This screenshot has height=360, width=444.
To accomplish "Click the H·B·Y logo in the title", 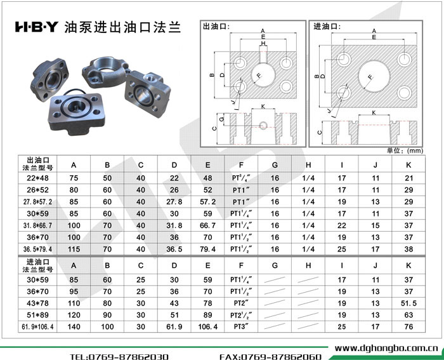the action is pyautogui.click(x=37, y=27).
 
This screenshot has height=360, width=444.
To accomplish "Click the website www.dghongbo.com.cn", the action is pyautogui.click(x=386, y=348).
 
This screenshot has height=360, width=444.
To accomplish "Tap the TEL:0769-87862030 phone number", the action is pyautogui.click(x=119, y=356).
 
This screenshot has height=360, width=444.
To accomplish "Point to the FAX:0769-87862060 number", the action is pyautogui.click(x=270, y=356).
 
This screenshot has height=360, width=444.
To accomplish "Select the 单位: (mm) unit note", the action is pyautogui.click(x=405, y=150).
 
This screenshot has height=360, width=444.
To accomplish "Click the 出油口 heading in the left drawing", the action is pyautogui.click(x=216, y=27).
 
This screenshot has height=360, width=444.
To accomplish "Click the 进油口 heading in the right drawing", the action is pyautogui.click(x=327, y=27).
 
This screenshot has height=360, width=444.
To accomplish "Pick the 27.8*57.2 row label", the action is pyautogui.click(x=37, y=202).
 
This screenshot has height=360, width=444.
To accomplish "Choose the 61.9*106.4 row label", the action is pyautogui.click(x=37, y=327).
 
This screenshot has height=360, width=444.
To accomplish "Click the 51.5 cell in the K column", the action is pyautogui.click(x=408, y=303).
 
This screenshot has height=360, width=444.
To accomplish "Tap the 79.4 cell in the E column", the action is pyautogui.click(x=207, y=249).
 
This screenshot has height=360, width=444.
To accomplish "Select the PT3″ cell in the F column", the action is pyautogui.click(x=241, y=326).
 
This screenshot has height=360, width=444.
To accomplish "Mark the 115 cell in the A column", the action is pyautogui.click(x=74, y=249).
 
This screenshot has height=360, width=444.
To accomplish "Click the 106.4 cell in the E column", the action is pyautogui.click(x=207, y=327).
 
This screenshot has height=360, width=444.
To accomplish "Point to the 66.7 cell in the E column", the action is pyautogui.click(x=207, y=225).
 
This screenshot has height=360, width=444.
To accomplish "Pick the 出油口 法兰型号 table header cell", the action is pyautogui.click(x=37, y=164).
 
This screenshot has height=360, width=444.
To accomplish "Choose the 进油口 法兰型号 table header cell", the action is pyautogui.click(x=37, y=265).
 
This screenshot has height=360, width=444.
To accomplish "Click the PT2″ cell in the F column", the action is pyautogui.click(x=241, y=303).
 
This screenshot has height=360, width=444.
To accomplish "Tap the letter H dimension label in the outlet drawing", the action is pyautogui.click(x=263, y=43).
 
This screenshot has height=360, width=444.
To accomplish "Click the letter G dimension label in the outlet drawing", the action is pyautogui.click(x=222, y=119).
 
